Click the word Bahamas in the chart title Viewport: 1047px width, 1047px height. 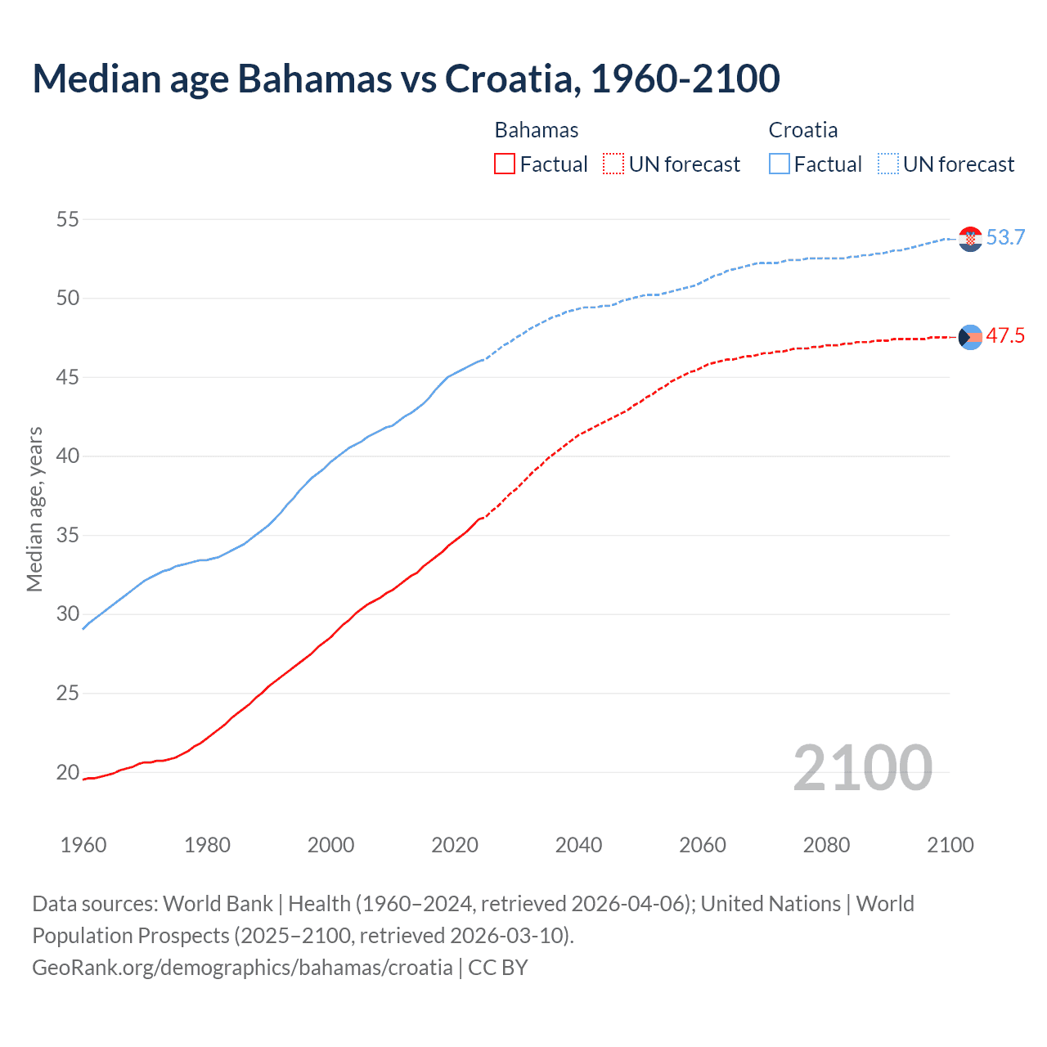(314, 79)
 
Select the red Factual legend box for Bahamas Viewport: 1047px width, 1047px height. (505, 164)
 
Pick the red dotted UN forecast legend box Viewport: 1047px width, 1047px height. (613, 164)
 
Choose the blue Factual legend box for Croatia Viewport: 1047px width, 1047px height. (780, 164)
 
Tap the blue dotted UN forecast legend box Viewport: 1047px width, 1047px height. (887, 164)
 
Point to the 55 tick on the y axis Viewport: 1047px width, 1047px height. (68, 219)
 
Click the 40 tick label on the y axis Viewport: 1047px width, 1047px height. (68, 456)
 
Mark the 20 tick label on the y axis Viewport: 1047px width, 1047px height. (68, 772)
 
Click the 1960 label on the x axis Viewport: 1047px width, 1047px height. (83, 845)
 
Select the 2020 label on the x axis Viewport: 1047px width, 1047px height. (455, 845)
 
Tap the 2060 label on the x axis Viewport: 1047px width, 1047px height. (703, 845)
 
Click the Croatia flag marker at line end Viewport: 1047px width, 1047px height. (970, 239)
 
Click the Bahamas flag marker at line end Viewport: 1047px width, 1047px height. (970, 337)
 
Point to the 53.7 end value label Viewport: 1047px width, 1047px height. (1005, 238)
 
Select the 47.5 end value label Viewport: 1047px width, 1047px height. (1005, 336)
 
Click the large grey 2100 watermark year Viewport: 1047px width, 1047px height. (862, 768)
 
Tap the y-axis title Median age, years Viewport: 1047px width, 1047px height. (34, 509)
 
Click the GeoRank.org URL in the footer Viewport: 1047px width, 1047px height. (242, 968)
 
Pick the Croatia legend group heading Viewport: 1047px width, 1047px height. (802, 130)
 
